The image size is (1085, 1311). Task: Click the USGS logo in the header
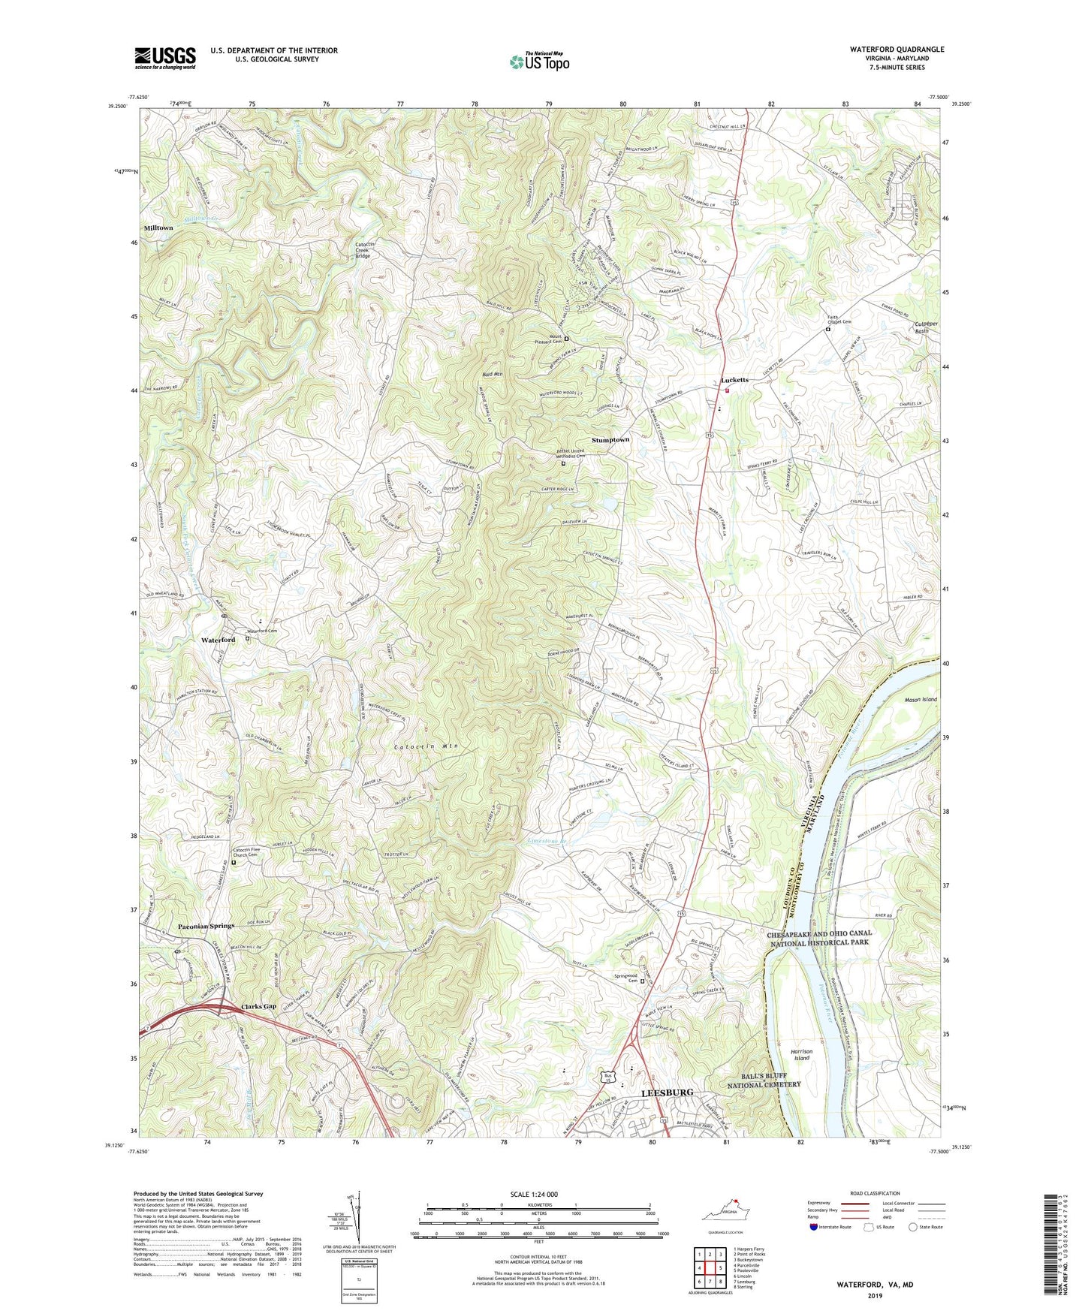(x=165, y=57)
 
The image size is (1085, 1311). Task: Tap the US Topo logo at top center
(x=539, y=61)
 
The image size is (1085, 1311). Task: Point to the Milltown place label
(x=158, y=228)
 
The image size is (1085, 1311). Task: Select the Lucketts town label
(x=734, y=380)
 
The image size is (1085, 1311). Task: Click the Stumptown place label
(x=610, y=439)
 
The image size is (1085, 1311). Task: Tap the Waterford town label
(x=218, y=640)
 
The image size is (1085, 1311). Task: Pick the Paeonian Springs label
(x=206, y=926)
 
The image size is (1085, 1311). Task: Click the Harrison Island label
(x=802, y=1054)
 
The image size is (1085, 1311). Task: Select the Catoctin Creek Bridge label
(x=363, y=250)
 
